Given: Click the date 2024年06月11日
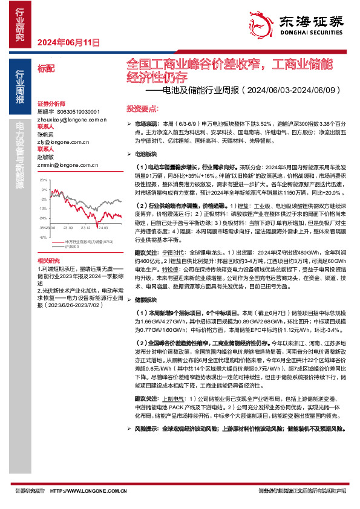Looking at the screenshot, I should (68, 42).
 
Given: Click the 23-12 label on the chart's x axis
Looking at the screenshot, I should (85, 228).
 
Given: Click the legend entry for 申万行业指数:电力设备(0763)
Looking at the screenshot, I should (89, 242).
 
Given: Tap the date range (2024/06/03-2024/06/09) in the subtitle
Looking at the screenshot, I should (287, 91).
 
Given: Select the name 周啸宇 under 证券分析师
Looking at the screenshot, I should (46, 112).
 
